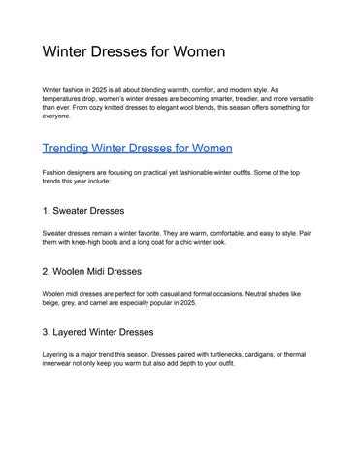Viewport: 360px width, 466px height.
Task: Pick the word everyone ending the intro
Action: coord(56,116)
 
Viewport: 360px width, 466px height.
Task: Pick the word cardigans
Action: coord(277,354)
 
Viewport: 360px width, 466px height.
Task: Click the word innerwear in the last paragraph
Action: coord(61,364)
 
